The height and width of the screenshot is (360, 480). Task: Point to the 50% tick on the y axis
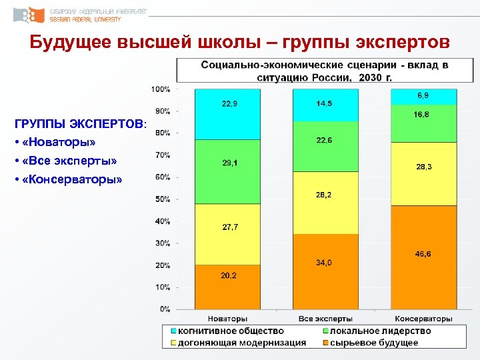[x=161, y=199]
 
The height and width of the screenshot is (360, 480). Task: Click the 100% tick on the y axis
[x=161, y=89]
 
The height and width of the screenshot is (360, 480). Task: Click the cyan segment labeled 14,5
[x=324, y=105]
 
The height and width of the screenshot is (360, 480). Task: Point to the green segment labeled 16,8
[x=423, y=123]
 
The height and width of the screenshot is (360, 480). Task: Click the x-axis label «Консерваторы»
[x=423, y=319]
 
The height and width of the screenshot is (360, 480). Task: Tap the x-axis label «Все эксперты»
[x=324, y=319]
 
